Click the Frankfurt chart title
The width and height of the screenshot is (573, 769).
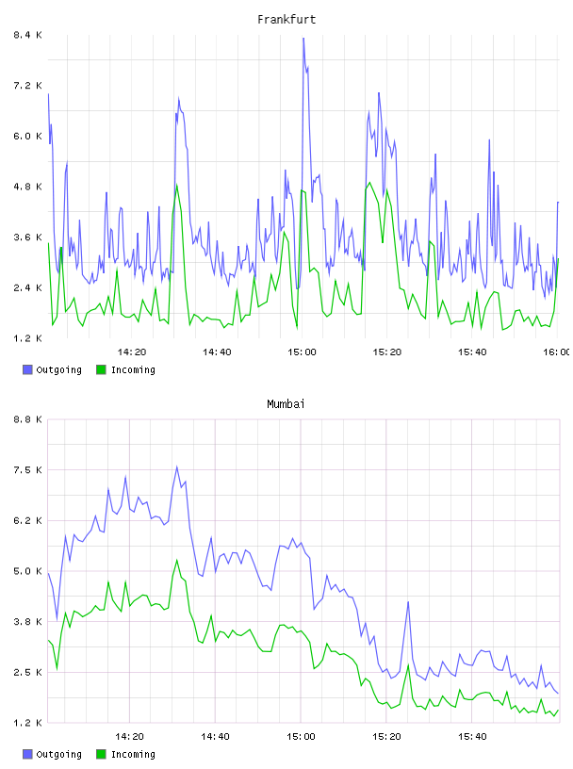(x=286, y=20)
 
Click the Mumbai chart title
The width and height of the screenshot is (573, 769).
(x=286, y=404)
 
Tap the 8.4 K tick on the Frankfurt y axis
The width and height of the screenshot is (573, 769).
(x=28, y=35)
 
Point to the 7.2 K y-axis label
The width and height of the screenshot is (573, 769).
(x=28, y=86)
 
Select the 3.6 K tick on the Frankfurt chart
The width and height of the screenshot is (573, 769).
(x=28, y=237)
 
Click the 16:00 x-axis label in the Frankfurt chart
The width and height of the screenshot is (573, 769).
(x=557, y=352)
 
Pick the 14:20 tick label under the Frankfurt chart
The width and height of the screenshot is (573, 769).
(x=132, y=352)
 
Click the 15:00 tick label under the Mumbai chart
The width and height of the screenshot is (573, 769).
(x=302, y=737)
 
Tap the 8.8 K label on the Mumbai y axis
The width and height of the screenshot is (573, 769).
(x=28, y=419)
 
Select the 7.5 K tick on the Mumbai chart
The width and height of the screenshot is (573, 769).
(x=28, y=470)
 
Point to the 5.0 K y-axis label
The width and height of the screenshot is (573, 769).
(x=28, y=571)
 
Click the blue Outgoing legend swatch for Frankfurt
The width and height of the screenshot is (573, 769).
(x=27, y=369)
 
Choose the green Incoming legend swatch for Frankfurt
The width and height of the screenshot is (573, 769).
(x=101, y=369)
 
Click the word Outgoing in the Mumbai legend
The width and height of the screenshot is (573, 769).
(x=58, y=754)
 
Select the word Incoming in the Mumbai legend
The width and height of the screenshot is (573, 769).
(x=133, y=754)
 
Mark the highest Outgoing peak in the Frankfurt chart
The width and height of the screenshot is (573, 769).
(x=303, y=39)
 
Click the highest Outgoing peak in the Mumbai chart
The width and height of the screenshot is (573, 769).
(x=176, y=466)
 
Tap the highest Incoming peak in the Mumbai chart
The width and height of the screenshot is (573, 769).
(x=176, y=560)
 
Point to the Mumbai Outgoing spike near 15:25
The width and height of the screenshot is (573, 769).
(x=408, y=602)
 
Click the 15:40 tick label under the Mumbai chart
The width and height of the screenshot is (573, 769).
(x=472, y=737)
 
